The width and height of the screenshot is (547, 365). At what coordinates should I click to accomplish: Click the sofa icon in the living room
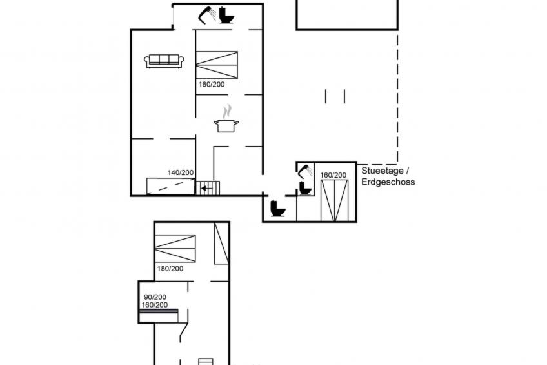(164, 61)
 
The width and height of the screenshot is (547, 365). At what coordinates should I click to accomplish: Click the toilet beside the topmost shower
(226, 16)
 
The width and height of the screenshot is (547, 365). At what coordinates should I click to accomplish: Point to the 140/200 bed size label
(181, 172)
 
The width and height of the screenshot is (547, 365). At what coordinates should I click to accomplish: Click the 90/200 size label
(155, 297)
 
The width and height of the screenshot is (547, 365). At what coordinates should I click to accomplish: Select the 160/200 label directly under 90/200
(155, 305)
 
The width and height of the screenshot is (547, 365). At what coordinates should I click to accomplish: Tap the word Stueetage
(383, 171)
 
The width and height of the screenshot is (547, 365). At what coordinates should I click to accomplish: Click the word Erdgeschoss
(388, 182)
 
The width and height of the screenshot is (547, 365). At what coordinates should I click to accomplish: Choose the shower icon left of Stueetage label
(305, 171)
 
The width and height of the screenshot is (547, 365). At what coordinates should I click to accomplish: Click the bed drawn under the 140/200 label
(170, 186)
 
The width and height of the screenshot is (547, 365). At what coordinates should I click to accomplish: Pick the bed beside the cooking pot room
(217, 65)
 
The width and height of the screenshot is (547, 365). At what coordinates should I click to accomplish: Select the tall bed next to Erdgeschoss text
(334, 201)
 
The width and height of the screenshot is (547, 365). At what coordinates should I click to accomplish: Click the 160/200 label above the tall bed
(333, 175)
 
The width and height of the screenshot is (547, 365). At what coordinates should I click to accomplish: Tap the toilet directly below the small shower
(305, 188)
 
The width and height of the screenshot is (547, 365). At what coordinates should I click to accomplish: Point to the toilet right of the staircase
(278, 208)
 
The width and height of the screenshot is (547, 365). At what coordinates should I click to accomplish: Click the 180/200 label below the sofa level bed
(212, 85)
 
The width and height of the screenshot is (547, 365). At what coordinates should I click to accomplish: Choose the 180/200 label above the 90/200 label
(170, 269)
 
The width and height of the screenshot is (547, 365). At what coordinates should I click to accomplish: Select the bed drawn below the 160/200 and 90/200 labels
(159, 316)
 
